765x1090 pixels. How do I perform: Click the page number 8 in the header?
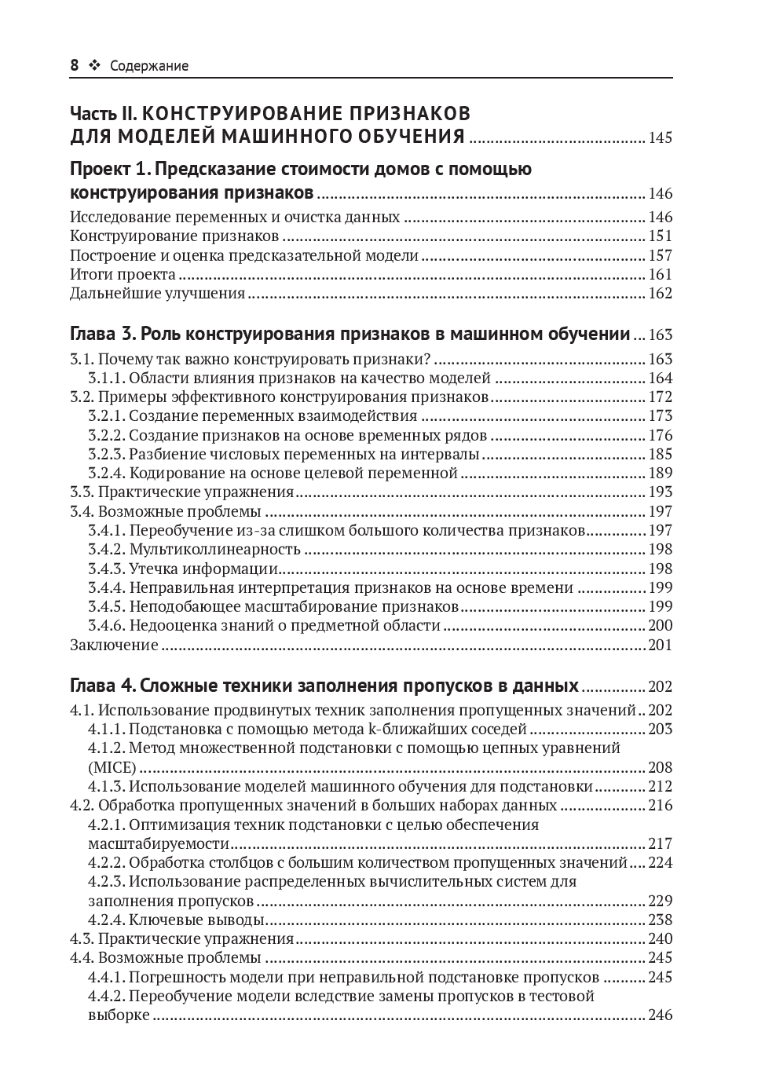point(75,66)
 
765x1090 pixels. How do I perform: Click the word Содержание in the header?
point(149,66)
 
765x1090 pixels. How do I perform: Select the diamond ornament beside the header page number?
point(94,66)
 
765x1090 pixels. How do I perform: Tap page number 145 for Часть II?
point(660,138)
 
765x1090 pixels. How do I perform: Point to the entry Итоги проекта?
point(123,275)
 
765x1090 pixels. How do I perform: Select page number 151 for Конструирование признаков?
point(660,236)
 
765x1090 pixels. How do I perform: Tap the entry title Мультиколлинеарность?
point(214,549)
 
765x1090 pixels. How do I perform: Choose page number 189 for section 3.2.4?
point(660,473)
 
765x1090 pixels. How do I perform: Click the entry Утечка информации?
point(203,569)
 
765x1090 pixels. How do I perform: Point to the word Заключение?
point(114,646)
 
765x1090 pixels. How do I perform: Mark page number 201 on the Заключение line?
point(660,646)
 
